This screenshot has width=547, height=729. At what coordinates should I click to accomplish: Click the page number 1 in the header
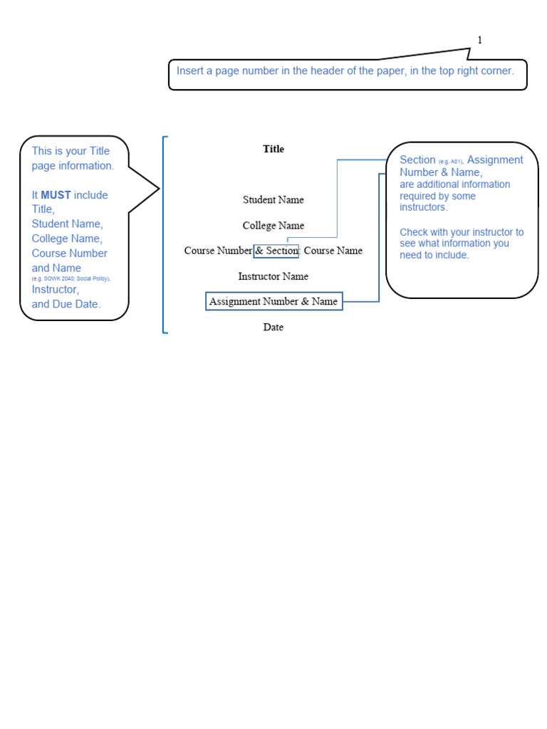480,41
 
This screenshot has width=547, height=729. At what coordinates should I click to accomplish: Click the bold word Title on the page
273,149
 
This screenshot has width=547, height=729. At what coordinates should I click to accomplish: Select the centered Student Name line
273,200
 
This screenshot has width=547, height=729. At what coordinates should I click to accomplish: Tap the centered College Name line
273,226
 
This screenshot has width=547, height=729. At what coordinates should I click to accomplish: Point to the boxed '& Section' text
276,251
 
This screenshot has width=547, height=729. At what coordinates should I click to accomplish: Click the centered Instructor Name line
273,276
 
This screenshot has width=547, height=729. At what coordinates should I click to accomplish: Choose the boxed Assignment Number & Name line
273,302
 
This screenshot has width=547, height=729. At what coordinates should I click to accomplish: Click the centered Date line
273,327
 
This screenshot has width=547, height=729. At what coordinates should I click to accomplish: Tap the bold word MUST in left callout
56,195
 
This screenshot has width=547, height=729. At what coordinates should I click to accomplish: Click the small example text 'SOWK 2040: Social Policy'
71,279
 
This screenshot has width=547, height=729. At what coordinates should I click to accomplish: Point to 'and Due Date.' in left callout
66,304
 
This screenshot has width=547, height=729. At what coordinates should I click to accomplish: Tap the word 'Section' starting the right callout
417,160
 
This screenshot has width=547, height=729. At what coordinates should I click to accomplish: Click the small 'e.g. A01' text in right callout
451,162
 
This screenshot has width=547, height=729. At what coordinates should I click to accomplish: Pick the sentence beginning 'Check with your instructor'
462,243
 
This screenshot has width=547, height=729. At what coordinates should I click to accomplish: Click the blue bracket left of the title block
165,235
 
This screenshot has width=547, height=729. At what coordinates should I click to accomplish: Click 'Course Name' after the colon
333,251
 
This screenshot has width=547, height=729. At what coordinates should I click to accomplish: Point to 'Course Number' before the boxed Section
218,251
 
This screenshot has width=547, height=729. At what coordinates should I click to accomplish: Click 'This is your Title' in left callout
71,151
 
